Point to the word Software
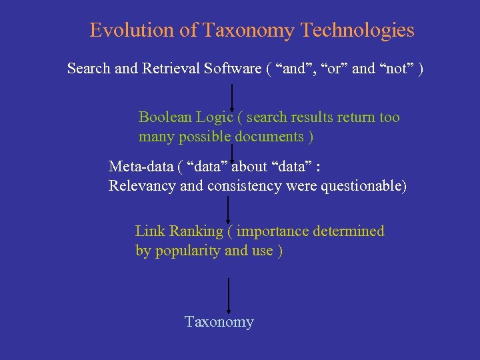coord(234,69)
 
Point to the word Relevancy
coord(143,186)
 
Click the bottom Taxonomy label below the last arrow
coord(219,322)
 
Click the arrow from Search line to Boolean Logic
coord(231,97)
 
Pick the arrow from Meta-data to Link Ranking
coord(229,210)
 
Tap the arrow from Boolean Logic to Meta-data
coord(231,152)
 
